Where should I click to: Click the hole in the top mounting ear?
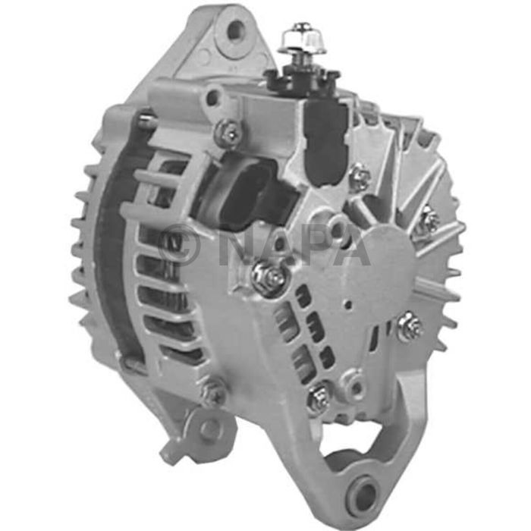236,31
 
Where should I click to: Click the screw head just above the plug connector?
228,134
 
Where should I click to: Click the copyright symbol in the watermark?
180,244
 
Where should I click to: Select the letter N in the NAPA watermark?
237,244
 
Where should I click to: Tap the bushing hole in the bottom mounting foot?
366,496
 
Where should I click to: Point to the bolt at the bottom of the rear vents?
319,397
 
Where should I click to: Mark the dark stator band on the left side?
114,250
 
